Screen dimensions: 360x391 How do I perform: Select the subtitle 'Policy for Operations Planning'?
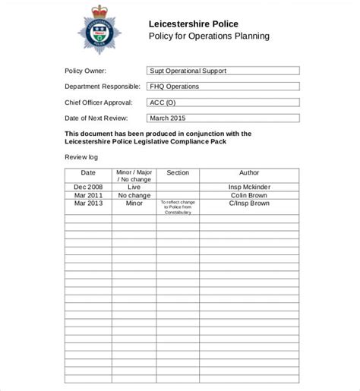coord(209,36)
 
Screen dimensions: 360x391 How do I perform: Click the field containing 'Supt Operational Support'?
coord(223,71)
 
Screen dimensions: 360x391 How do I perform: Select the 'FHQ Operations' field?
coord(223,87)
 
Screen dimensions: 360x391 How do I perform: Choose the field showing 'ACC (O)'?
coord(223,102)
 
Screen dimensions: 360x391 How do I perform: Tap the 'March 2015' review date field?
coord(223,118)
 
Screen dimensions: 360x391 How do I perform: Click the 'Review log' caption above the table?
coord(81,157)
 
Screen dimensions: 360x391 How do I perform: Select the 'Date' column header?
coord(88,173)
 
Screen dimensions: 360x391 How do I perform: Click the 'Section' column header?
coord(178,173)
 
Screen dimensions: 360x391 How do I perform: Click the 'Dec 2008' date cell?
coord(88,186)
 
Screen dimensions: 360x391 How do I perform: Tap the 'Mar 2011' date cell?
coord(88,195)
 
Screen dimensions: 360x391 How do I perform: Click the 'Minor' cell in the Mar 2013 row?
coord(134,203)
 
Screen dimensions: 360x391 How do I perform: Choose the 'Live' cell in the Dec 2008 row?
coord(134,186)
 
